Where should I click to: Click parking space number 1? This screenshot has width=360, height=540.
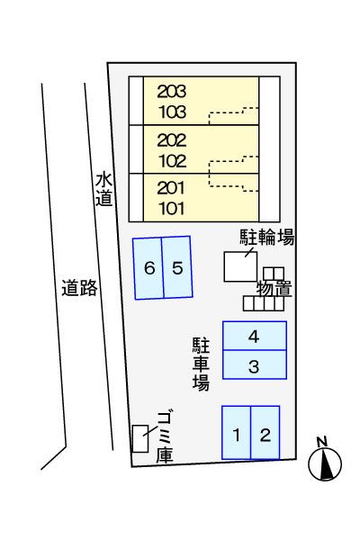pos(237,434)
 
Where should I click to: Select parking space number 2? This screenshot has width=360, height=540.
pos(265,434)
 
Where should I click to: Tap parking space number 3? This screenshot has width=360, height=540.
pos(255,365)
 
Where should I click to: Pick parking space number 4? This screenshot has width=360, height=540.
pos(255,337)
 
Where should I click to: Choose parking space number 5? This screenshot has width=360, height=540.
pos(177,267)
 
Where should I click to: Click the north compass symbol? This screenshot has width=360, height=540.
pos(325,462)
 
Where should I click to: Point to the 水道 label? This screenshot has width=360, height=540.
pos(103,189)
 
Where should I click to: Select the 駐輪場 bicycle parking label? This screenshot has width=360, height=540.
pos(267,237)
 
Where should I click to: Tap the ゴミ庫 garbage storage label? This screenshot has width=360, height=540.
pos(164,436)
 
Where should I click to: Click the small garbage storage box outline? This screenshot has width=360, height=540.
pos(140,438)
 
